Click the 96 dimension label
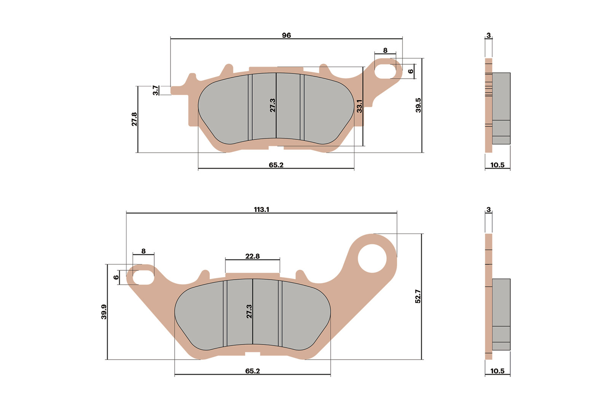coord(286,35)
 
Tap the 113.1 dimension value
coord(261,210)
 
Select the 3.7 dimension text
coord(156,90)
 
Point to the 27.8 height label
coord(134,119)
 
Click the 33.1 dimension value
coord(359,106)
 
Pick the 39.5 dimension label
coord(418,105)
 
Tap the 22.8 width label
coord(252,256)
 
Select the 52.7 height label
coord(418,296)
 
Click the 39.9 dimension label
coord(104,312)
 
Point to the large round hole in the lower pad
coord(372,258)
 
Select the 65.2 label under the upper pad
coord(276,165)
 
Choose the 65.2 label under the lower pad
coord(252,371)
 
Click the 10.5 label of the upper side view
coord(497,165)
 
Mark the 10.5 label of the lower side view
coord(497,371)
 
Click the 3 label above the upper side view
coord(489,35)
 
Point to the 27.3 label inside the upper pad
coord(273,105)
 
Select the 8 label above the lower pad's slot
coord(143,251)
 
